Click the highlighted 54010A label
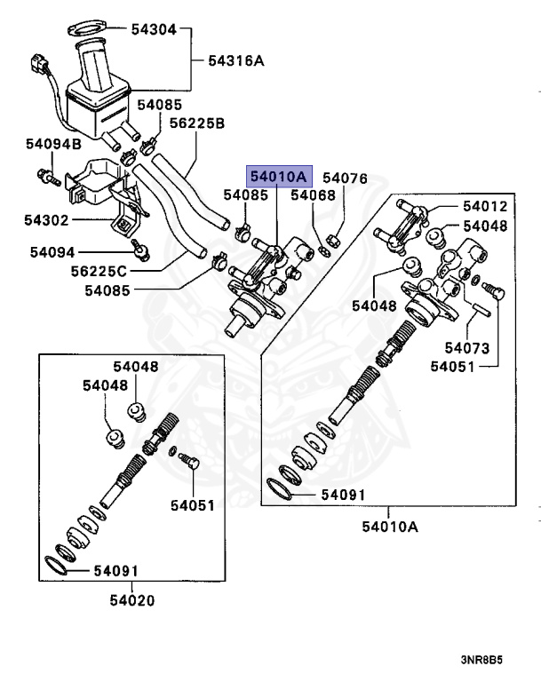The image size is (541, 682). (278, 176)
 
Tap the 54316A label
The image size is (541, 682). (236, 61)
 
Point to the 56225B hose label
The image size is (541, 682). (196, 123)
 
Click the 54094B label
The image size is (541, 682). (53, 143)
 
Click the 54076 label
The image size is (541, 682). (344, 178)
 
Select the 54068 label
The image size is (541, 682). (313, 194)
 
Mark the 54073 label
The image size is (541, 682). (467, 346)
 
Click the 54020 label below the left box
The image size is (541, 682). (132, 600)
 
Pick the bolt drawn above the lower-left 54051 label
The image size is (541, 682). (187, 462)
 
